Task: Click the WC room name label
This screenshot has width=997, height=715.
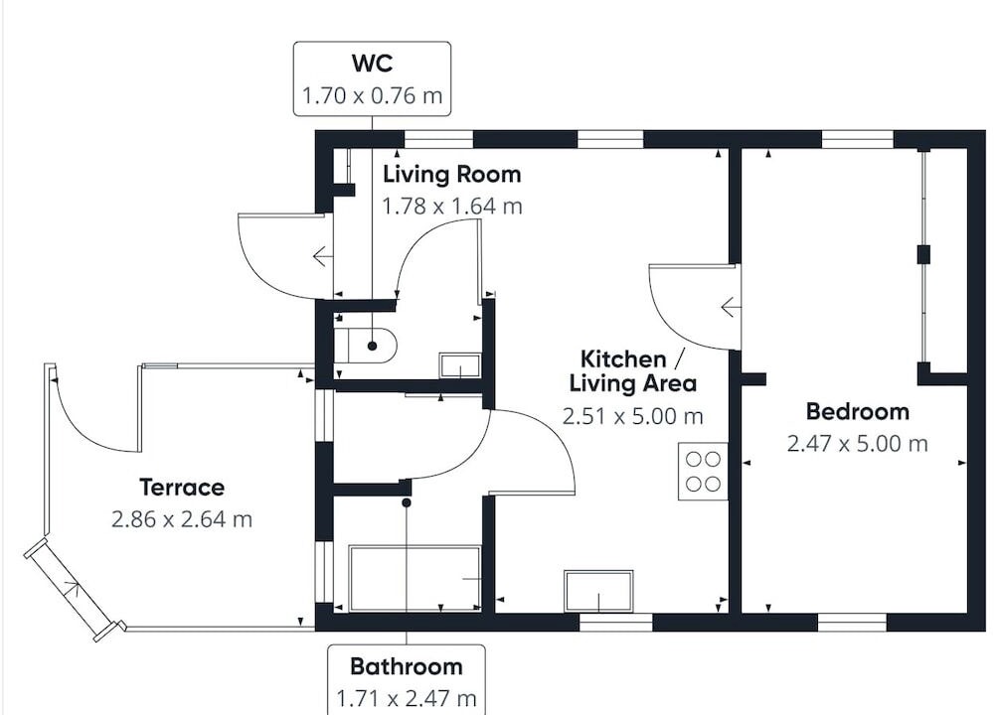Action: [372, 64]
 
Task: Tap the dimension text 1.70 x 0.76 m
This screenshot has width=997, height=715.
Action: [372, 96]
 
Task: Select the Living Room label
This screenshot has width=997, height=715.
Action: [452, 174]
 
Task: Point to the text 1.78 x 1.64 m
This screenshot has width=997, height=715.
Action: [452, 207]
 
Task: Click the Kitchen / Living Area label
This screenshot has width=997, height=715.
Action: [632, 371]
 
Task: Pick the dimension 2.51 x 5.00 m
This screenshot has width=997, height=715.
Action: [632, 416]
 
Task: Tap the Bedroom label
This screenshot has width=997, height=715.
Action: [857, 411]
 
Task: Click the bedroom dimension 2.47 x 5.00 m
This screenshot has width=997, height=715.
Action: [857, 443]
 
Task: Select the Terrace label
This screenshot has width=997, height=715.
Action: [182, 487]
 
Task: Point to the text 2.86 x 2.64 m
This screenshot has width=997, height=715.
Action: [182, 519]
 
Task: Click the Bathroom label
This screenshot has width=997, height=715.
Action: [407, 666]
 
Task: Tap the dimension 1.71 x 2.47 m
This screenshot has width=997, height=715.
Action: [407, 699]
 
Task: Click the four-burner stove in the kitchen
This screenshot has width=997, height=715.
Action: [703, 471]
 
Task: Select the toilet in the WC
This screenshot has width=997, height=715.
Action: [365, 346]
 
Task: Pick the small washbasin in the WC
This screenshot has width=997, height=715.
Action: [459, 366]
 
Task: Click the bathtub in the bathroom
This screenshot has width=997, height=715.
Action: [415, 579]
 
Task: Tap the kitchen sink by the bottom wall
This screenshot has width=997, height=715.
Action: [598, 591]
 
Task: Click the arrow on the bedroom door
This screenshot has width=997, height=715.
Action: [730, 307]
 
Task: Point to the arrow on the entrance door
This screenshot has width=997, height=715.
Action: [322, 256]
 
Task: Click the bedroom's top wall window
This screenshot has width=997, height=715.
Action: [858, 139]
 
